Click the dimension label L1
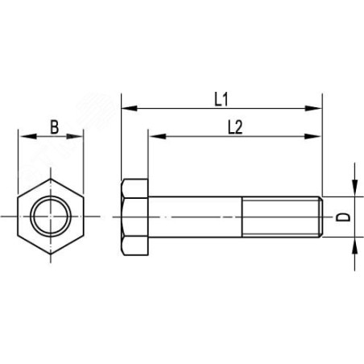pos(221,99)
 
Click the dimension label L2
pos(235,127)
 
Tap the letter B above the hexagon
pos(55,127)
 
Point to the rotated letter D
pos(343,217)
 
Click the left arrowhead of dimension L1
pos(130,108)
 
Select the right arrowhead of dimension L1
pos(313,108)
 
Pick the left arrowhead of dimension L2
pos(157,136)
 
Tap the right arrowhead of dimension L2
pos(313,136)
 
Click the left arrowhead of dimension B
pos(28,136)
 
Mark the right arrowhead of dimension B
pos(75,136)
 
